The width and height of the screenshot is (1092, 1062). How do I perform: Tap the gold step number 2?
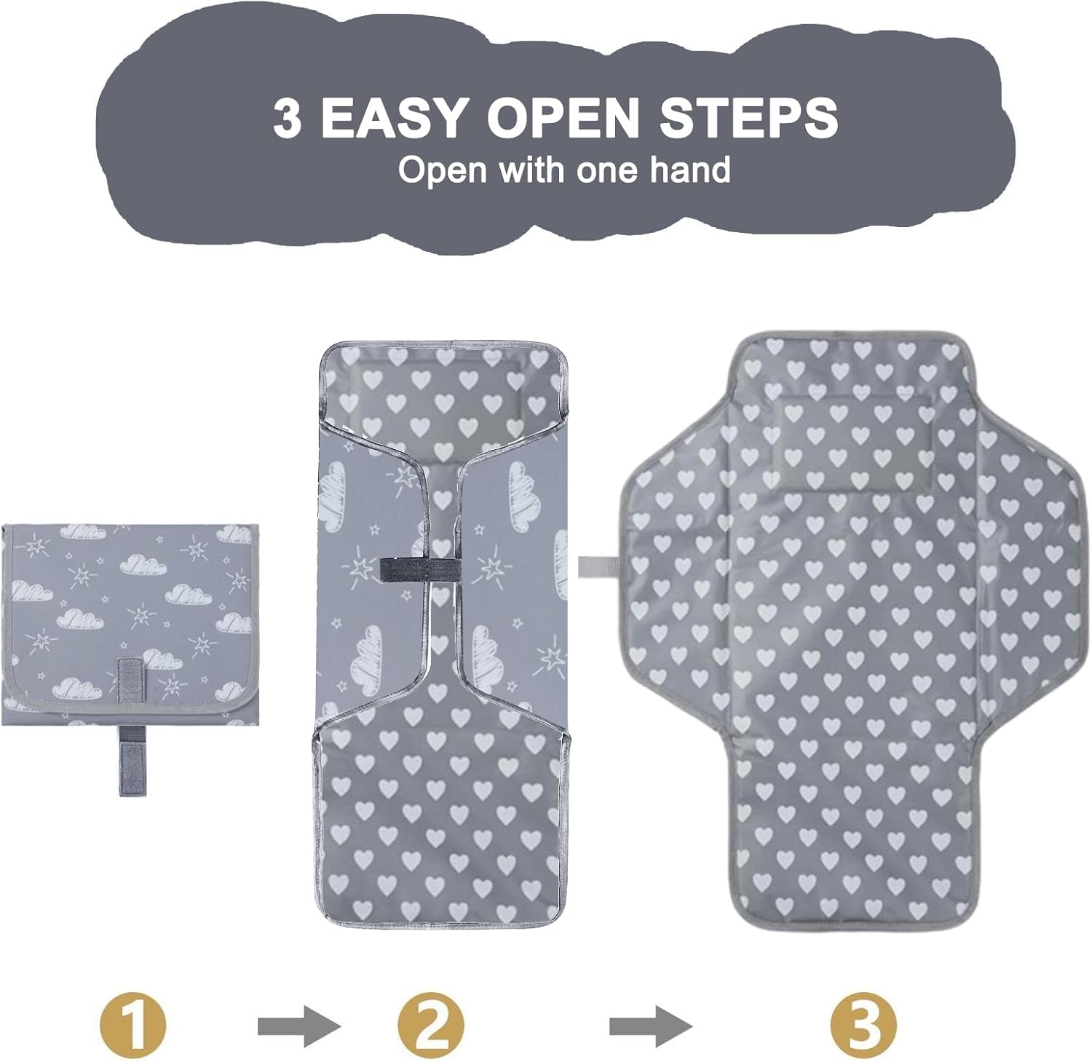[x=431, y=1026]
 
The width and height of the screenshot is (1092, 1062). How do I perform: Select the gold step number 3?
[x=863, y=1026]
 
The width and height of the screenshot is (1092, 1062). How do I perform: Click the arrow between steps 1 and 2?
[x=299, y=1027]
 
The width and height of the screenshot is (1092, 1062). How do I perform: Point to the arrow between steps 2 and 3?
[x=651, y=1027]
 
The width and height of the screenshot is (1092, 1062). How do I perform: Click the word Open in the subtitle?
[x=442, y=172]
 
